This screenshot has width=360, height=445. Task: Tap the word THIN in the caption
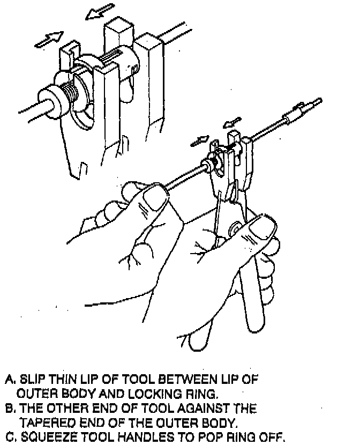tap(59, 380)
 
